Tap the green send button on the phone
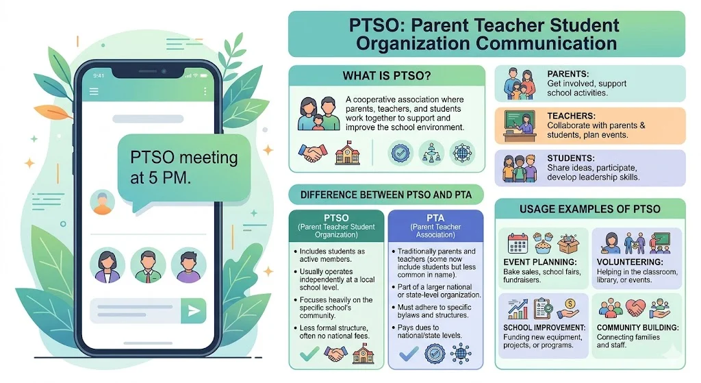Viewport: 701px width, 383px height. (194, 311)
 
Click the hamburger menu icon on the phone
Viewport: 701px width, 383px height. (94, 91)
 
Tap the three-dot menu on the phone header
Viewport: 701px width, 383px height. (205, 91)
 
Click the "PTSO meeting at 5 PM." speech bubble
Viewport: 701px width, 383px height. (183, 167)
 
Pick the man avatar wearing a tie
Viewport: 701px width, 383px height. (148, 265)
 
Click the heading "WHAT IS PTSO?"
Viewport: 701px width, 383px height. (386, 75)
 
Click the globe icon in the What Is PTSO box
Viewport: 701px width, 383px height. (462, 153)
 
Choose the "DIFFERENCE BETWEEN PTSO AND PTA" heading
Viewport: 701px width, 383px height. (385, 195)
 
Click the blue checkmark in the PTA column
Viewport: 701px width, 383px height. (409, 354)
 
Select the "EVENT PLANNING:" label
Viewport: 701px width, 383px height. (541, 262)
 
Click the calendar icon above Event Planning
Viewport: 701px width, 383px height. (518, 243)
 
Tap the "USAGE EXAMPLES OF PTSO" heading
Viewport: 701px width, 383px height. (589, 209)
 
